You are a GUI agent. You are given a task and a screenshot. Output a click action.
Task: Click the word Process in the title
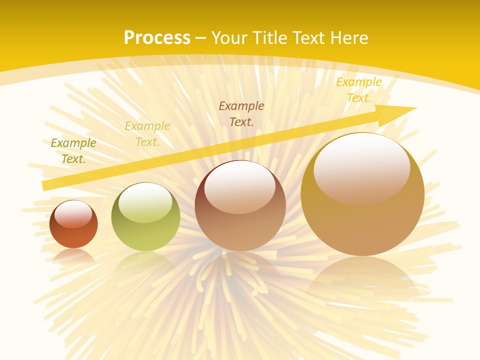coord(157,37)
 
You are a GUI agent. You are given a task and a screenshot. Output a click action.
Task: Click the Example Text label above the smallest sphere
coord(73,150)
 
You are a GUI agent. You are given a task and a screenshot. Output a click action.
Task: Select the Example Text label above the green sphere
coord(147,133)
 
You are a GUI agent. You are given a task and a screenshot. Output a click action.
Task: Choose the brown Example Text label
coord(241,113)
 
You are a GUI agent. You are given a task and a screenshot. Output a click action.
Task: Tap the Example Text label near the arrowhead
coord(358,90)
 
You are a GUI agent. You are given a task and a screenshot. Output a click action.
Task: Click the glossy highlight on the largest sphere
coord(361,167)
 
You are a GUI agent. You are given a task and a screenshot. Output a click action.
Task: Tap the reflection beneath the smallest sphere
coord(73,256)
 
